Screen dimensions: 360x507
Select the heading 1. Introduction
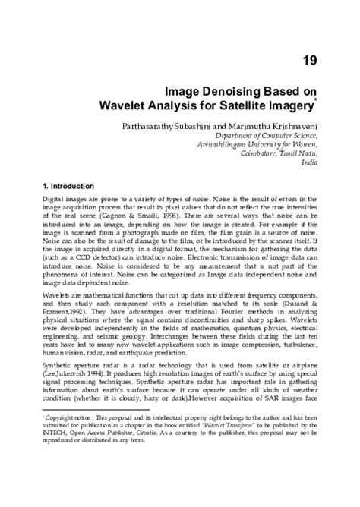(x=68, y=187)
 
